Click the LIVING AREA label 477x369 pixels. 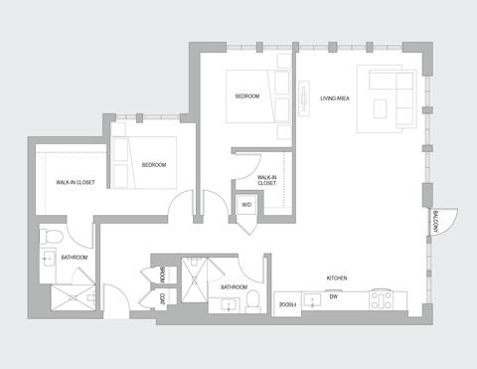click(335, 98)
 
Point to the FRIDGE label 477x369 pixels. click(286, 303)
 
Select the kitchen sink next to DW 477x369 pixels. click(312, 297)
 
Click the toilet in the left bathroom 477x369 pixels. click(54, 236)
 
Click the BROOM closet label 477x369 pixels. click(163, 274)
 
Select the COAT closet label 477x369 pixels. click(163, 298)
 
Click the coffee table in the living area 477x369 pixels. click(383, 107)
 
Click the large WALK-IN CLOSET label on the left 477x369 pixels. click(76, 182)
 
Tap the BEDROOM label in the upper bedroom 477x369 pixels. click(247, 96)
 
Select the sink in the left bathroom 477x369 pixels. click(49, 262)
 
